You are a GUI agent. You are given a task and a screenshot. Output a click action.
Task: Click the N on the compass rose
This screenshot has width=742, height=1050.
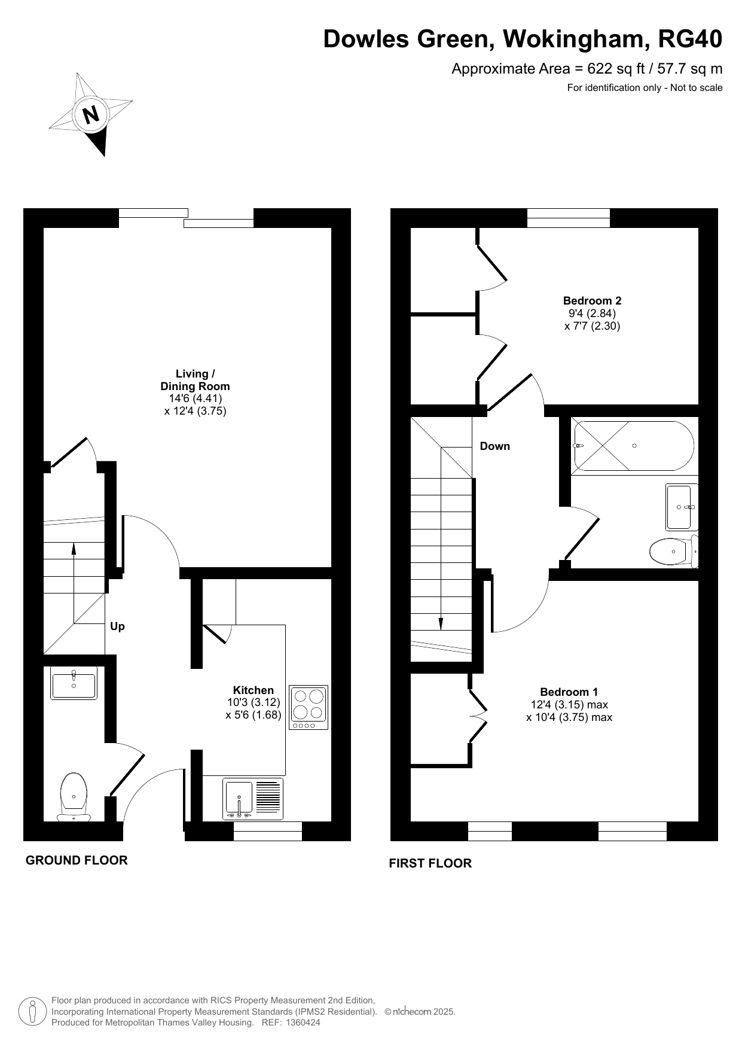tap(91, 114)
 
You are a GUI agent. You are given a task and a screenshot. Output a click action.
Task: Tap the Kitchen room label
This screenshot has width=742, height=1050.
tap(254, 690)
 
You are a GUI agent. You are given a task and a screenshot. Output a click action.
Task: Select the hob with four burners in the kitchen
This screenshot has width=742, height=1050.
tap(309, 707)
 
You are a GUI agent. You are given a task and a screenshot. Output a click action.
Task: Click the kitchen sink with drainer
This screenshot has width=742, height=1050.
tap(253, 799)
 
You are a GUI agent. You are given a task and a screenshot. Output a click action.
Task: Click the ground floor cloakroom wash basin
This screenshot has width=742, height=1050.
tap(74, 683)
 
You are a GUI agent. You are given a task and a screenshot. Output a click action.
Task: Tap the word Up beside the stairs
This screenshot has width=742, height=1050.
tap(117, 626)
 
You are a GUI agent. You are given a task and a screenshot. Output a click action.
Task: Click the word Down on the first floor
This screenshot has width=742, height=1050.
tap(495, 446)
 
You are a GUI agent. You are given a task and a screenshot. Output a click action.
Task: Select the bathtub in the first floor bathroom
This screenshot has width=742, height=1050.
tap(633, 446)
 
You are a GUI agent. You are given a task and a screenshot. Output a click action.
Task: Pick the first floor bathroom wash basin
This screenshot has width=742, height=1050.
tap(682, 507)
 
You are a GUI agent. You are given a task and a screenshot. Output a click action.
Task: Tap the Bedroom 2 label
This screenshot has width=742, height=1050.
tap(593, 301)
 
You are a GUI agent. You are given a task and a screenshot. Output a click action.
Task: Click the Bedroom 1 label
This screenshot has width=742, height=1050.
tap(569, 692)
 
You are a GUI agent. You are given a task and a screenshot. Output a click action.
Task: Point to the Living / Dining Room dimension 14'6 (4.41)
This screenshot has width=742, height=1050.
tap(195, 398)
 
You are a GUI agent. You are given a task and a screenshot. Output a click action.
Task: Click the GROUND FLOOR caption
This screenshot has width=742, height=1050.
tap(77, 860)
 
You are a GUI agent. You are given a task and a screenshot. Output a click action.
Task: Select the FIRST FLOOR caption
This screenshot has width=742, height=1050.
tap(430, 863)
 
